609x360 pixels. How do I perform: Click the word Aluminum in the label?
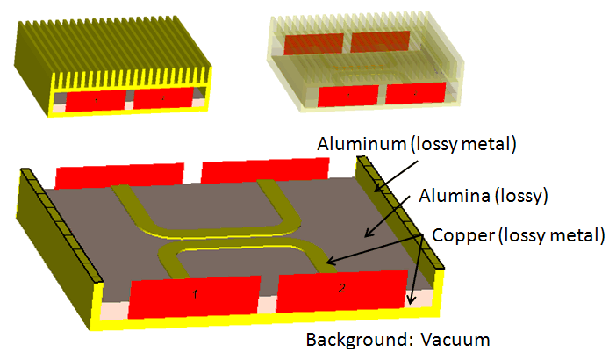click(362, 144)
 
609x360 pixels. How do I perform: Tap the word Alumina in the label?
click(454, 195)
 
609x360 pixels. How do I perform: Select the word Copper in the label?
click(463, 235)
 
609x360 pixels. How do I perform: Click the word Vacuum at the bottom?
click(455, 340)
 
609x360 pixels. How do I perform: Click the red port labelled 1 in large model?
click(194, 297)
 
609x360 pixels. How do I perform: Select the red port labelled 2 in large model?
click(341, 291)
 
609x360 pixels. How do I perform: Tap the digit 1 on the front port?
click(195, 294)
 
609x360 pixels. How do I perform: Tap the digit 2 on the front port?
click(341, 288)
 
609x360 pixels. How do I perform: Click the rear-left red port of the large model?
click(119, 176)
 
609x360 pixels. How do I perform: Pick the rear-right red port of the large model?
click(265, 169)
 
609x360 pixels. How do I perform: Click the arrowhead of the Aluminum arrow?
click(377, 189)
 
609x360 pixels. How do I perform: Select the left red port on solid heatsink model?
click(96, 100)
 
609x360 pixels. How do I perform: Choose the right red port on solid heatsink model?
click(163, 98)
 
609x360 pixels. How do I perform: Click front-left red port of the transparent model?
click(348, 96)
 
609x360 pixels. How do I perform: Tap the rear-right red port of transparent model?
click(380, 41)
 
